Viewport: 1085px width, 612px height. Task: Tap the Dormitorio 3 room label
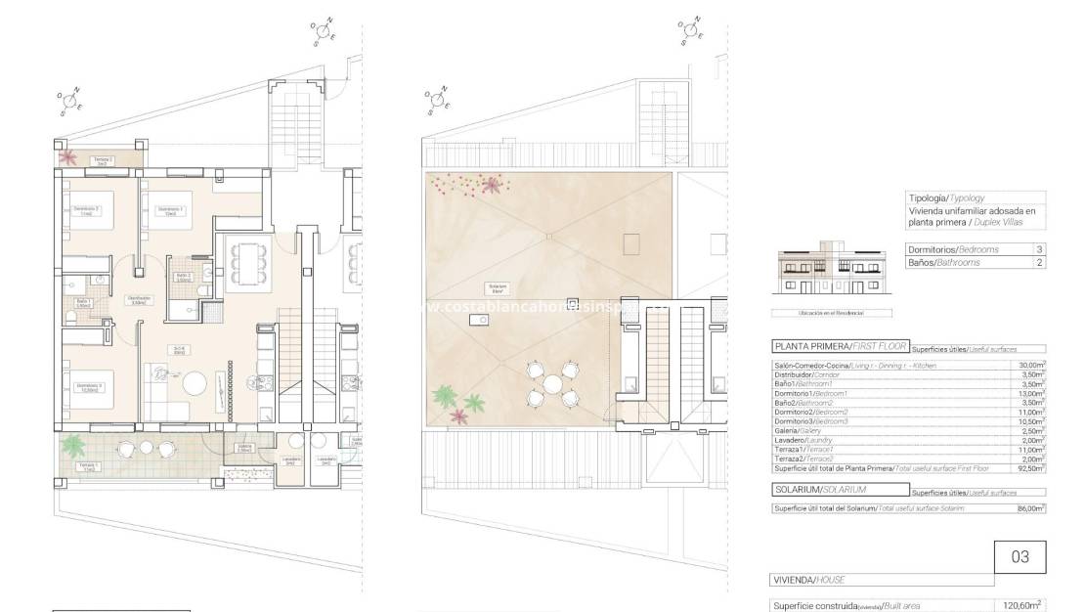coord(87,387)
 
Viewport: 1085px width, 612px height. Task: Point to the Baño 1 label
coord(83,303)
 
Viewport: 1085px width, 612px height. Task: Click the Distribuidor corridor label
coord(140,299)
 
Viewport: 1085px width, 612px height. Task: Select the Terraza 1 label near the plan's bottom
coord(89,466)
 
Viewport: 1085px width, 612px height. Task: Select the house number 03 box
coord(1020,557)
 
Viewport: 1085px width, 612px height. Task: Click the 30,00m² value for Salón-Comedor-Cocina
coord(1029,365)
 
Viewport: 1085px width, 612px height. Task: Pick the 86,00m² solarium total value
coord(1029,508)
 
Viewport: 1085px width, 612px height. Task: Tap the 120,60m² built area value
coord(1021,605)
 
